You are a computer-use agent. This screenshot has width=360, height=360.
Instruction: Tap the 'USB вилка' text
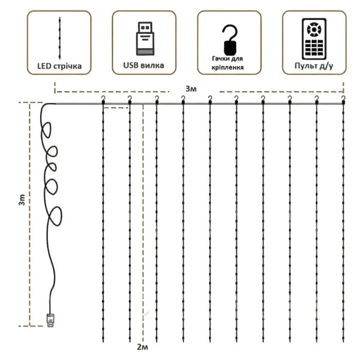144,66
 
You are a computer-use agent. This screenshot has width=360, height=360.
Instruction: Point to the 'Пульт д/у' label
313,66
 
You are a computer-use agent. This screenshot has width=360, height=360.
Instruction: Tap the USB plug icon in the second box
144,38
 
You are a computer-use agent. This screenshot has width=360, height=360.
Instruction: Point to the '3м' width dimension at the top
190,89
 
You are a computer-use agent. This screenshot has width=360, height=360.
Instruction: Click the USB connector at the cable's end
50,320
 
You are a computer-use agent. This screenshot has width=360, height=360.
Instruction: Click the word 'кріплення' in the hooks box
228,68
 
